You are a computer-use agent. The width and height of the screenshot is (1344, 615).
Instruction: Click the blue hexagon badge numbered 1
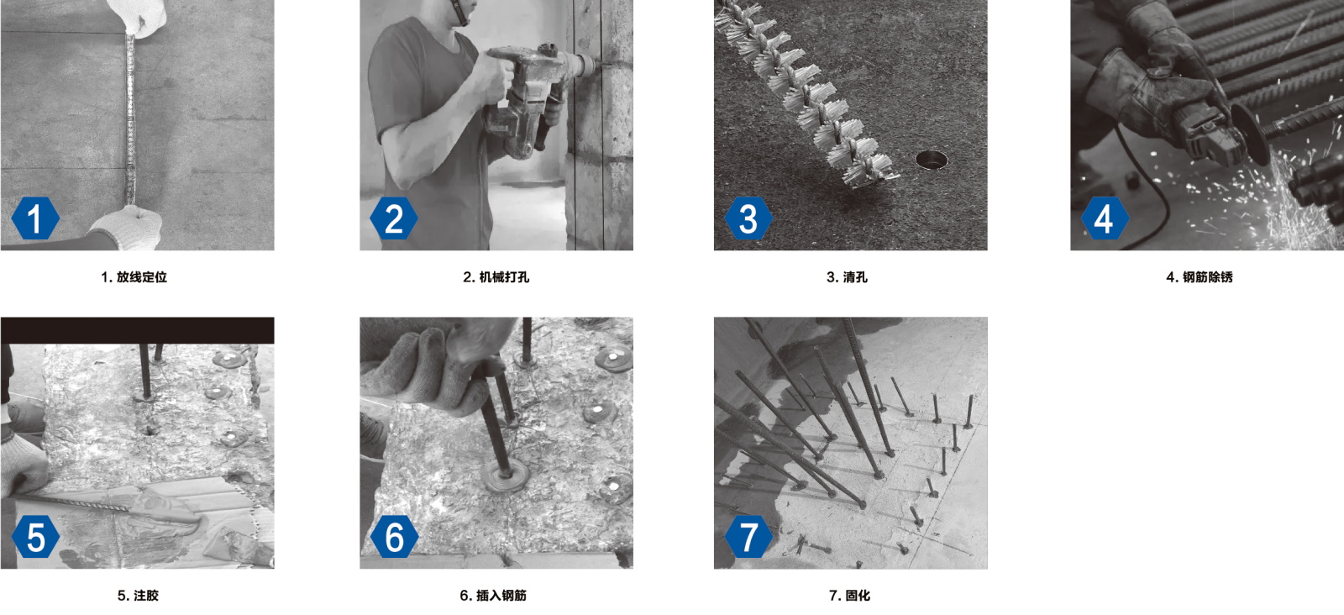(x=35, y=218)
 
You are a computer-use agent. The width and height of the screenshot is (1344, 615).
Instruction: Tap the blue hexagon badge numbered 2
(x=394, y=218)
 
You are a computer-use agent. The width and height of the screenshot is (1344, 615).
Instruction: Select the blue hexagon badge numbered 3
(x=748, y=218)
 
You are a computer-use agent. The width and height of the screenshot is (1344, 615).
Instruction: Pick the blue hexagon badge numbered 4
(x=1105, y=218)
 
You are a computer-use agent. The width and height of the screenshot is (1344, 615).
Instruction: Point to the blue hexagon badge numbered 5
(x=35, y=536)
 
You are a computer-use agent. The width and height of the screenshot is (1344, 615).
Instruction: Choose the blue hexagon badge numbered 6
(x=394, y=536)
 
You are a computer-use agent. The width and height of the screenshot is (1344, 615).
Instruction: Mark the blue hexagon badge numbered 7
(x=748, y=536)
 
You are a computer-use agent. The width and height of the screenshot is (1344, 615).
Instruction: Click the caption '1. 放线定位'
(x=134, y=277)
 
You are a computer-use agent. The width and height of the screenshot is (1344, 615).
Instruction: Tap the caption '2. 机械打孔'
(x=496, y=277)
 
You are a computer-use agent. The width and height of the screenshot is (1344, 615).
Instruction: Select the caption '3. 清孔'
(x=847, y=277)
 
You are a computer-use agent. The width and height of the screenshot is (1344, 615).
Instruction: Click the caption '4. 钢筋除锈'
(x=1200, y=277)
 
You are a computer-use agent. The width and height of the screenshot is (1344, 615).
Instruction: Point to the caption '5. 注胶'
(x=138, y=595)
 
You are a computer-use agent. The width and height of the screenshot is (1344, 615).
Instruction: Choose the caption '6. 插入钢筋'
(x=493, y=595)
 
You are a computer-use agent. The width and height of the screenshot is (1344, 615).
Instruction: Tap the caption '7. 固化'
(x=849, y=595)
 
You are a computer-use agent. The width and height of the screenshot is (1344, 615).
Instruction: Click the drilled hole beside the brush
(x=932, y=159)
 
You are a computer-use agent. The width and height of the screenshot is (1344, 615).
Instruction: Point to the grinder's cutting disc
(x=1251, y=132)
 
